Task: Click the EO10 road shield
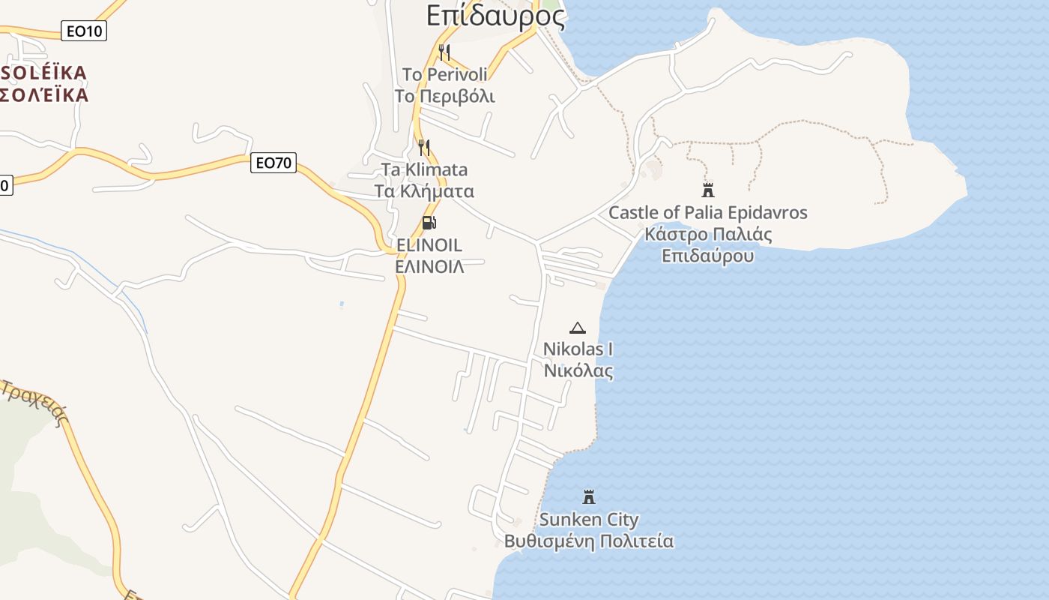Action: point(82,31)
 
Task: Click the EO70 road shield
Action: point(273,162)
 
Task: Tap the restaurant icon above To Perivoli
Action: point(444,52)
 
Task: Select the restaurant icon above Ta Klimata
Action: point(424,147)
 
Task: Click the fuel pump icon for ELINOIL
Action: point(429,222)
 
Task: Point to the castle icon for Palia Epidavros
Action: point(707,190)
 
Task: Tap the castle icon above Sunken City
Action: point(589,496)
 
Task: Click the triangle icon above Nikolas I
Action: point(578,328)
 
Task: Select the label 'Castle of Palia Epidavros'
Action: point(707,212)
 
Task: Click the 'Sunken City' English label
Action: point(589,519)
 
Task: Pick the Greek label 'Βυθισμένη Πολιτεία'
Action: point(589,541)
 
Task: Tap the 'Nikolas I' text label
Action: point(578,349)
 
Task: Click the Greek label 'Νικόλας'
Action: point(578,370)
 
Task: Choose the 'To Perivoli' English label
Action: point(444,74)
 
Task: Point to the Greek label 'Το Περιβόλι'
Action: point(444,96)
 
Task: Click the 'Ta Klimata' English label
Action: point(424,169)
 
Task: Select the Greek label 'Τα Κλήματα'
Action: point(424,190)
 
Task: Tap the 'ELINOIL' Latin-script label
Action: point(429,244)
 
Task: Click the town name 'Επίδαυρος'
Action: point(495,15)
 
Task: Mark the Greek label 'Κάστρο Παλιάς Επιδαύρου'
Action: point(707,244)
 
